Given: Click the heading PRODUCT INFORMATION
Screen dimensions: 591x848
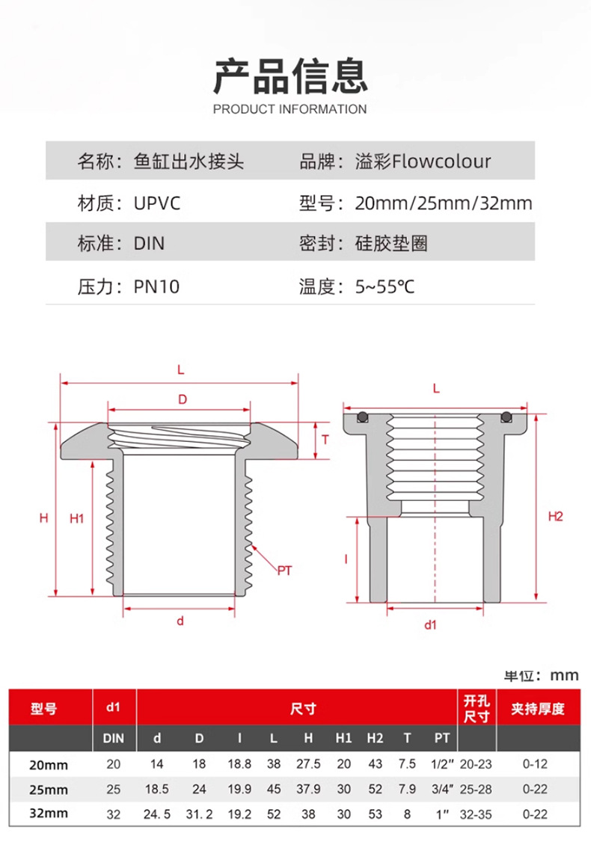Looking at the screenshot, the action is [290, 109].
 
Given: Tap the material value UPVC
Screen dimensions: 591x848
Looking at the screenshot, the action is [157, 203].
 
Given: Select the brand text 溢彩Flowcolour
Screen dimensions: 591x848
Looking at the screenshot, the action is [423, 161].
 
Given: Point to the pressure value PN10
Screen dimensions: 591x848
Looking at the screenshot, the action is [157, 286].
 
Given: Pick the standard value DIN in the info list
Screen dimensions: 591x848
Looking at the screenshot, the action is [149, 244].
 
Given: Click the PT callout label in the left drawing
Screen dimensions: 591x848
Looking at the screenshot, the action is [284, 571].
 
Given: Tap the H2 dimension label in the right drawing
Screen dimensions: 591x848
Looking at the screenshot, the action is [555, 516].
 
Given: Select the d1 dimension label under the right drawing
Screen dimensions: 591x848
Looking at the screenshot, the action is [430, 625].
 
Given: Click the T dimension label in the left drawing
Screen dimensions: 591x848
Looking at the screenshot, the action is [326, 439].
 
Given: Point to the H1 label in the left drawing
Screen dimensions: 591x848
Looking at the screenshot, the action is [76, 517].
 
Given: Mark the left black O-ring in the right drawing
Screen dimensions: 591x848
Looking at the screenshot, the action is [363, 416].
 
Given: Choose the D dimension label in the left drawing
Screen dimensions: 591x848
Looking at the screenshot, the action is [182, 400].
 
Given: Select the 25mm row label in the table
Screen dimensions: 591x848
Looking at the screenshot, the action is [49, 790].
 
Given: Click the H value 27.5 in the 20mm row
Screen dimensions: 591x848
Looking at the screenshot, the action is [308, 765].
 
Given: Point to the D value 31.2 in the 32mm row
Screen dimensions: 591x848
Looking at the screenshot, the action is [199, 814].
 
